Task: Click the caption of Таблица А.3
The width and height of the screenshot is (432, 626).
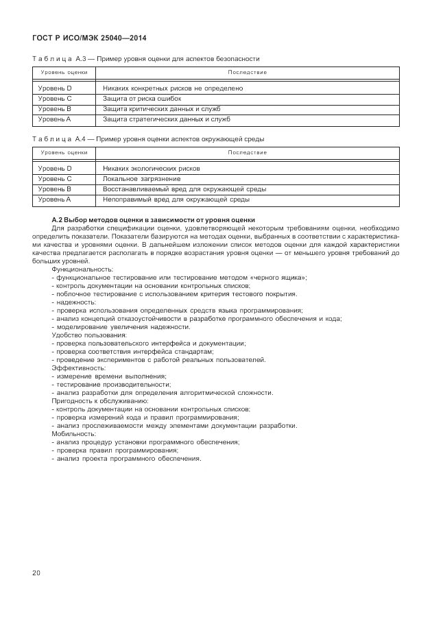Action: click(x=146, y=59)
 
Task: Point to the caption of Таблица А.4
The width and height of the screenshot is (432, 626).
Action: click(x=148, y=139)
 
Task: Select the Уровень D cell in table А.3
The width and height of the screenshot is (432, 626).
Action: click(x=55, y=88)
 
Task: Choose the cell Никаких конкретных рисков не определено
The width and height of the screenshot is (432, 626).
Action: click(x=173, y=88)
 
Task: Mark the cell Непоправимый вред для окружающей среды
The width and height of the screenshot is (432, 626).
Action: click(x=176, y=199)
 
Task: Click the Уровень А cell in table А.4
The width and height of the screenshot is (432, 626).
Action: click(x=55, y=199)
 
